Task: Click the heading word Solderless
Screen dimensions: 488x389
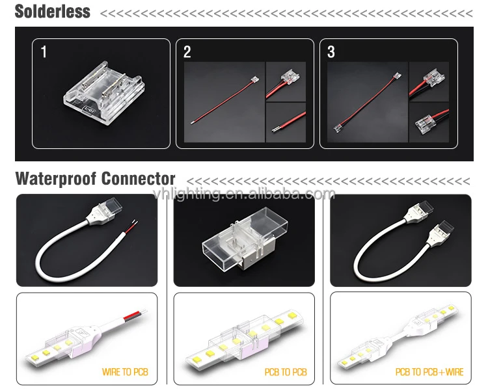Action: [53, 12]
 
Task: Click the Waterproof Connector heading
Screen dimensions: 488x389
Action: [95, 179]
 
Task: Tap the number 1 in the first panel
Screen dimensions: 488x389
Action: [44, 52]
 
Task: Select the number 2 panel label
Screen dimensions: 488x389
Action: [187, 52]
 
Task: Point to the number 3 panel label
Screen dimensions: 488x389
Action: [331, 52]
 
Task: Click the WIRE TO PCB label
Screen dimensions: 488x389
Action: [125, 372]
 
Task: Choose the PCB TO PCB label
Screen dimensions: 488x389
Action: [285, 372]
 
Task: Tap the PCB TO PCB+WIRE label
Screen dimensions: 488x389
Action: [429, 372]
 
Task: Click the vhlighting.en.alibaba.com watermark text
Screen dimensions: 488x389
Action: [244, 193]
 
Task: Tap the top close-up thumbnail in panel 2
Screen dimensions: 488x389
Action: [286, 81]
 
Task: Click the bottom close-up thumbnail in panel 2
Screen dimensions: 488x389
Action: [286, 122]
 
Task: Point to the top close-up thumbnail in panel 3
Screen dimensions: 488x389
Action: [429, 81]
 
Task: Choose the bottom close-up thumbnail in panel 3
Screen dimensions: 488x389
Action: [429, 122]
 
